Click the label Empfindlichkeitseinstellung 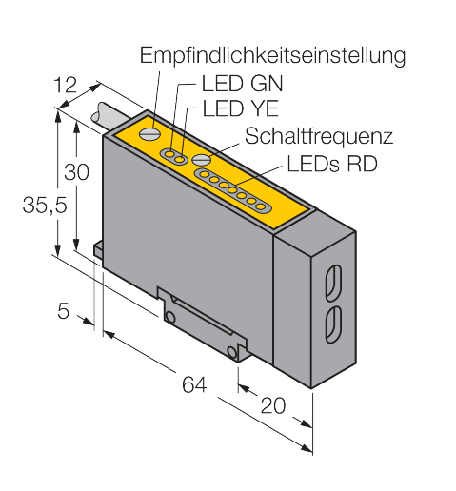point(272,56)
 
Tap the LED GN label point(243,84)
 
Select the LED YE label point(241,108)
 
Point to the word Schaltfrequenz point(319,136)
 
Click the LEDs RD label point(332,164)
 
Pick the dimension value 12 point(66,86)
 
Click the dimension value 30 point(76,172)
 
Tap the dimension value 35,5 point(45,205)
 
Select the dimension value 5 point(63,311)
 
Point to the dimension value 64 point(194,384)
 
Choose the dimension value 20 point(273,405)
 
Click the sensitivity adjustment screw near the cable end point(149,134)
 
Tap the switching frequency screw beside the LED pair point(202,159)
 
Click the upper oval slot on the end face point(333,283)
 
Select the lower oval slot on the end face point(333,324)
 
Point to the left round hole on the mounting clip point(170,318)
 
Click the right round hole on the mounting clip point(232,352)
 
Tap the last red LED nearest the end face point(261,207)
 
